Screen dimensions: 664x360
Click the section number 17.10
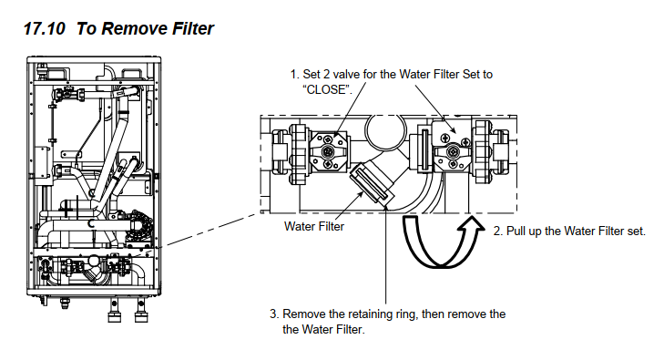coord(44,29)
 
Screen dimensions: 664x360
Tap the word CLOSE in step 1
coord(327,90)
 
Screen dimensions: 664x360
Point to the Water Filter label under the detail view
coord(314,226)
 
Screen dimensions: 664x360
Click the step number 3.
coord(274,314)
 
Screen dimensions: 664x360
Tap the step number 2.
coord(497,231)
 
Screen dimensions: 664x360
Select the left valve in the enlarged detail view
coord(328,151)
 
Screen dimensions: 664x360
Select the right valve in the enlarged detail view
coord(453,150)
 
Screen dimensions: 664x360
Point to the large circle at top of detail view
coord(385,131)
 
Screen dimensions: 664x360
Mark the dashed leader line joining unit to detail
coord(211,230)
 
